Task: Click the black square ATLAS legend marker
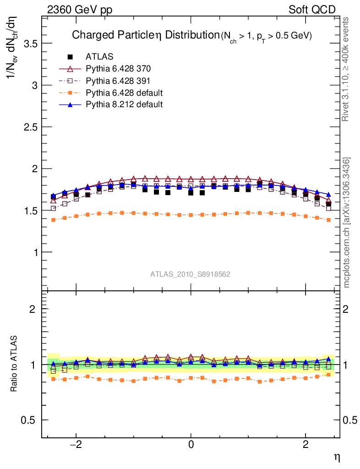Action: [70, 57]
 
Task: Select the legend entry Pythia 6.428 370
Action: [118, 69]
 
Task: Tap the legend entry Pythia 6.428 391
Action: [118, 81]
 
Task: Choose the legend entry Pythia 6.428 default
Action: [124, 93]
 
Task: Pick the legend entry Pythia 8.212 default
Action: [124, 104]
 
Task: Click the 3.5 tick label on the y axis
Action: [28, 44]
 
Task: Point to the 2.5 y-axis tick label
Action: [28, 127]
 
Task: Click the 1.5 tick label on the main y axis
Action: [28, 211]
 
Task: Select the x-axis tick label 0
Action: [191, 444]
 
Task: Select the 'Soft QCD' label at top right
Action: [312, 10]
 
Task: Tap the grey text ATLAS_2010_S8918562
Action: [190, 274]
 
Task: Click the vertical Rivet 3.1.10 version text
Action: [346, 69]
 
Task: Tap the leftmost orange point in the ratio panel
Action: [54, 379]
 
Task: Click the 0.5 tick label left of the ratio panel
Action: [28, 420]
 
